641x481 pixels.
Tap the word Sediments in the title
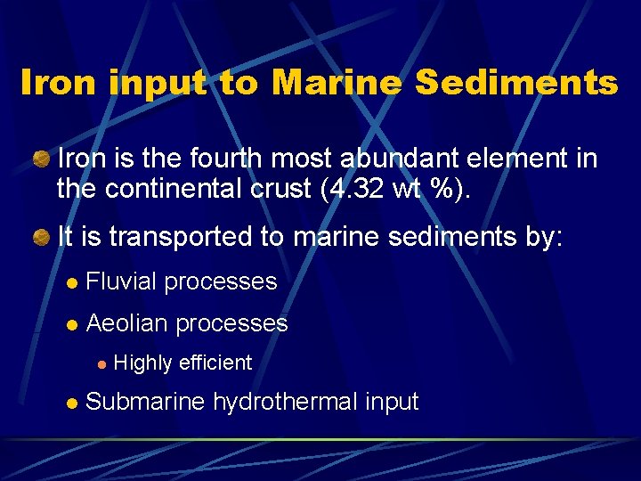(516, 83)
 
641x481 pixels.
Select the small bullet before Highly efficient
(101, 363)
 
